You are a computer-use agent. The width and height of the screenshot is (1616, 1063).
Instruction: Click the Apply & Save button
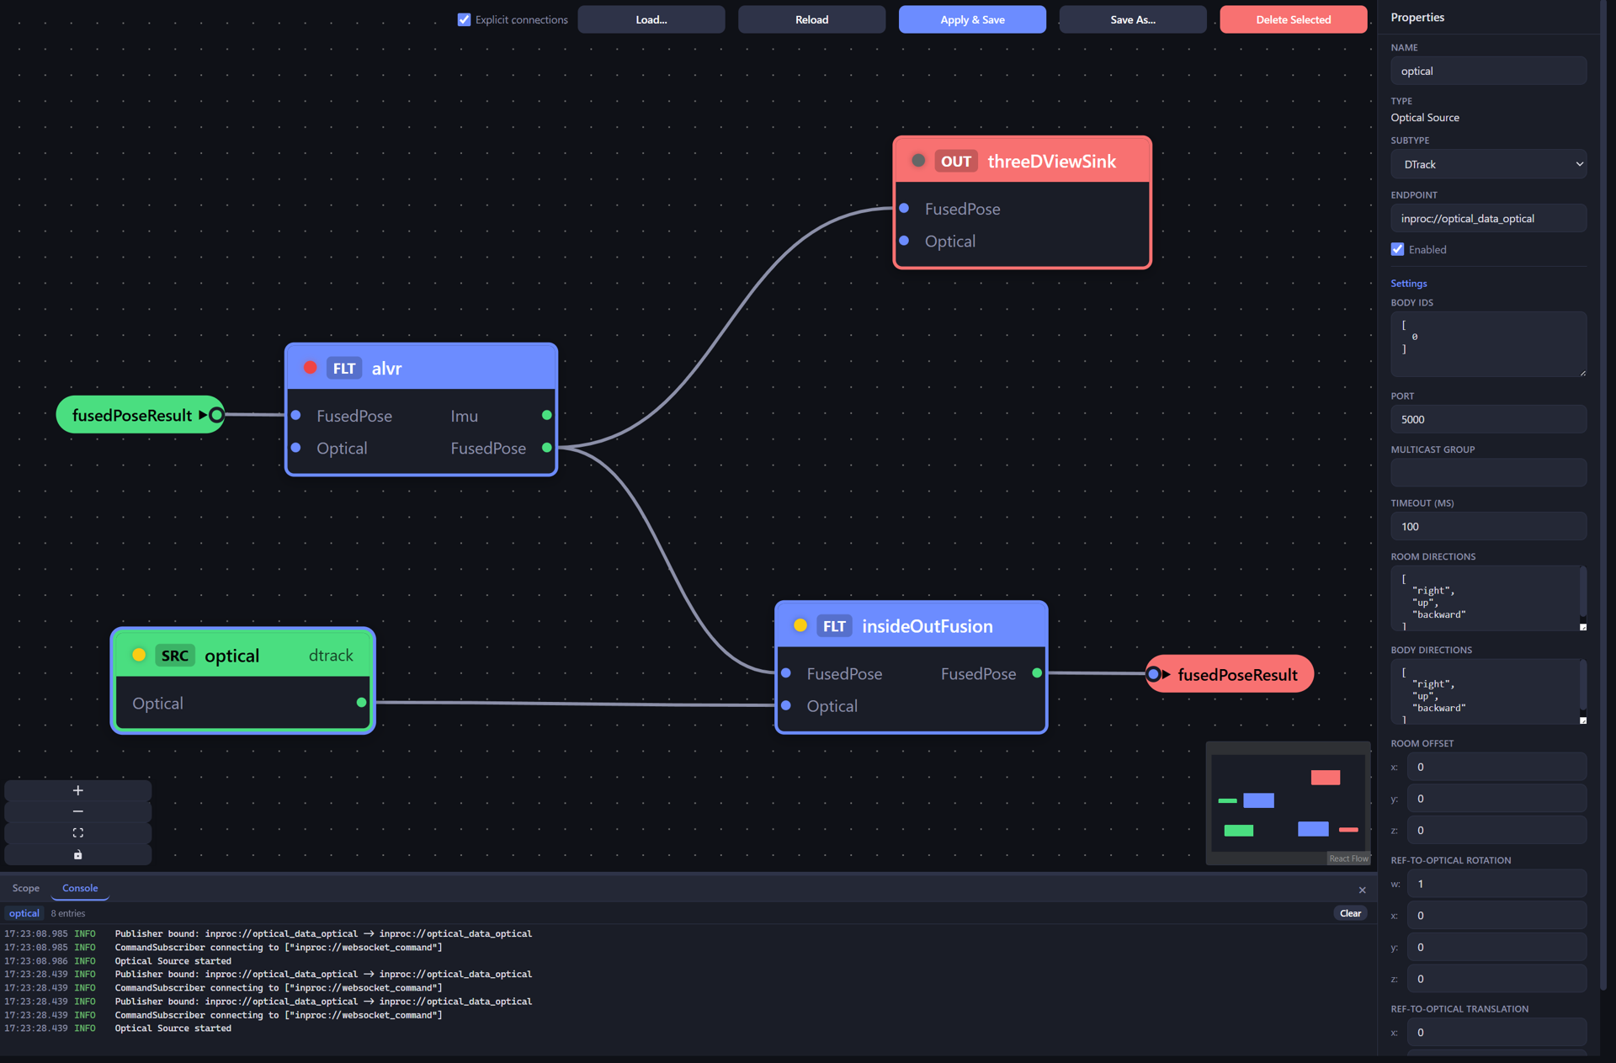(972, 19)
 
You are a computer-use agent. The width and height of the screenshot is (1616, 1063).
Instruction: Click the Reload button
(811, 19)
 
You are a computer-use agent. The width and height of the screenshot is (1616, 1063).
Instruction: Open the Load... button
(651, 19)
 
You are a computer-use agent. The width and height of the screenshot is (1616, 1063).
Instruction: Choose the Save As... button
(1132, 19)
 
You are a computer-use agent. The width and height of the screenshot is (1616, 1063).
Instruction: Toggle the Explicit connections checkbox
(464, 19)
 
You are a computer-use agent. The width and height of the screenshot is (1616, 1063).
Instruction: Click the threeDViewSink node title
(1051, 161)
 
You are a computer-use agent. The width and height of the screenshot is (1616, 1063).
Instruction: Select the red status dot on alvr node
(310, 368)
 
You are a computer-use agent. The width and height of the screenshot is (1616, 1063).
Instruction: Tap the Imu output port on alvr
(547, 415)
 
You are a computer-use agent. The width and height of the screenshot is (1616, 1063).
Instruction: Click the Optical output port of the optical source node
(361, 702)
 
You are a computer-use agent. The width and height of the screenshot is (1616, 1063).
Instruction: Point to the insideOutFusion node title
(927, 626)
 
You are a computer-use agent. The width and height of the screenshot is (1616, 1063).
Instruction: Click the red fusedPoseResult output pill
(1229, 674)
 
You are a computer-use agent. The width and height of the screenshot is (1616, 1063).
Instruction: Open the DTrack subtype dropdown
(1488, 164)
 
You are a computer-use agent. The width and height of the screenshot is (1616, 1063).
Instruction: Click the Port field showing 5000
(1488, 419)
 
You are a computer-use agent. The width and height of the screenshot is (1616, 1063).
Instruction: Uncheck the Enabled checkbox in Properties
(1398, 249)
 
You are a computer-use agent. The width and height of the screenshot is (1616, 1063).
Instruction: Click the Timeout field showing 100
(1488, 526)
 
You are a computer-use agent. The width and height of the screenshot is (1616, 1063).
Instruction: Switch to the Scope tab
(26, 888)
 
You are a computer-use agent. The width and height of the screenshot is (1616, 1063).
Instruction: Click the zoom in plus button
(78, 790)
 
